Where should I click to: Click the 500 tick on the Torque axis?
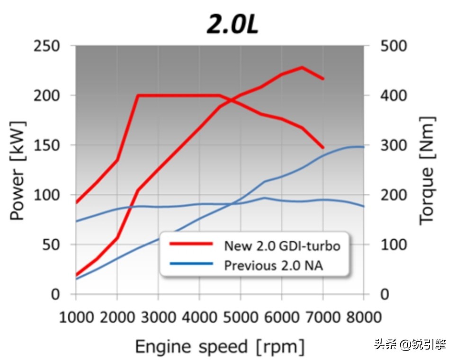coord(393,46)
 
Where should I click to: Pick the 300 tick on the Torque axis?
coord(393,145)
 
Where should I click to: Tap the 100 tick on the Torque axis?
coord(393,245)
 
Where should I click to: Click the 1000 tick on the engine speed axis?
coord(76,316)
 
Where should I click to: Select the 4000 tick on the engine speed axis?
coord(199,316)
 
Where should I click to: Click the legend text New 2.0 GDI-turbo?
coord(282,246)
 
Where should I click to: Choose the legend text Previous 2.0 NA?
coord(273,265)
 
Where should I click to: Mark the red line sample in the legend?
coord(191,244)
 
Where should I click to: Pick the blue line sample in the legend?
coord(191,264)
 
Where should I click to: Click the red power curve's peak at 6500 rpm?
coord(302,67)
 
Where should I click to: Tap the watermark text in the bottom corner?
coord(410,344)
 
